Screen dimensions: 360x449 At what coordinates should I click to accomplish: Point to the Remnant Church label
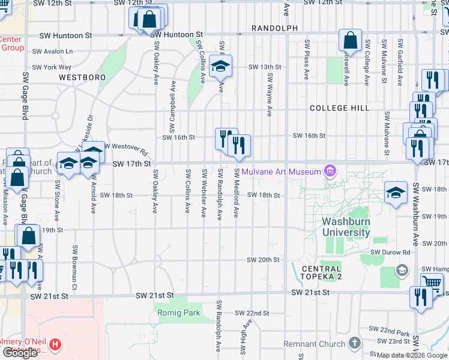[x=315, y=344]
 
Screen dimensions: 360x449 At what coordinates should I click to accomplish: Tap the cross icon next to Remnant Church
[x=354, y=344]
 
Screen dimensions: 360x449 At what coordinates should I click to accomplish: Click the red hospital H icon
[x=55, y=345]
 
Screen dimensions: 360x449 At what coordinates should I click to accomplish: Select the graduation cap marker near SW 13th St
[x=221, y=67]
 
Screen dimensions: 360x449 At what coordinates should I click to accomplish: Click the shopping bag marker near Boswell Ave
[x=349, y=40]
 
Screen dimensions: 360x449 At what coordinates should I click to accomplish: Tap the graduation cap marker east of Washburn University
[x=395, y=193]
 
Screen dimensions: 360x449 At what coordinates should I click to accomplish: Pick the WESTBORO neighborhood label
[x=82, y=77]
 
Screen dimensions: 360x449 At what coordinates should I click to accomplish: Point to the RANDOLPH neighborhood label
[x=275, y=28]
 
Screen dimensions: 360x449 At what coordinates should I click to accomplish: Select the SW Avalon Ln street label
[x=52, y=52]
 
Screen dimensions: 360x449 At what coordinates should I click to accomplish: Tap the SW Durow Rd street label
[x=390, y=253]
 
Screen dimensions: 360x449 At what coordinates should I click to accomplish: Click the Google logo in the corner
[x=20, y=353]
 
